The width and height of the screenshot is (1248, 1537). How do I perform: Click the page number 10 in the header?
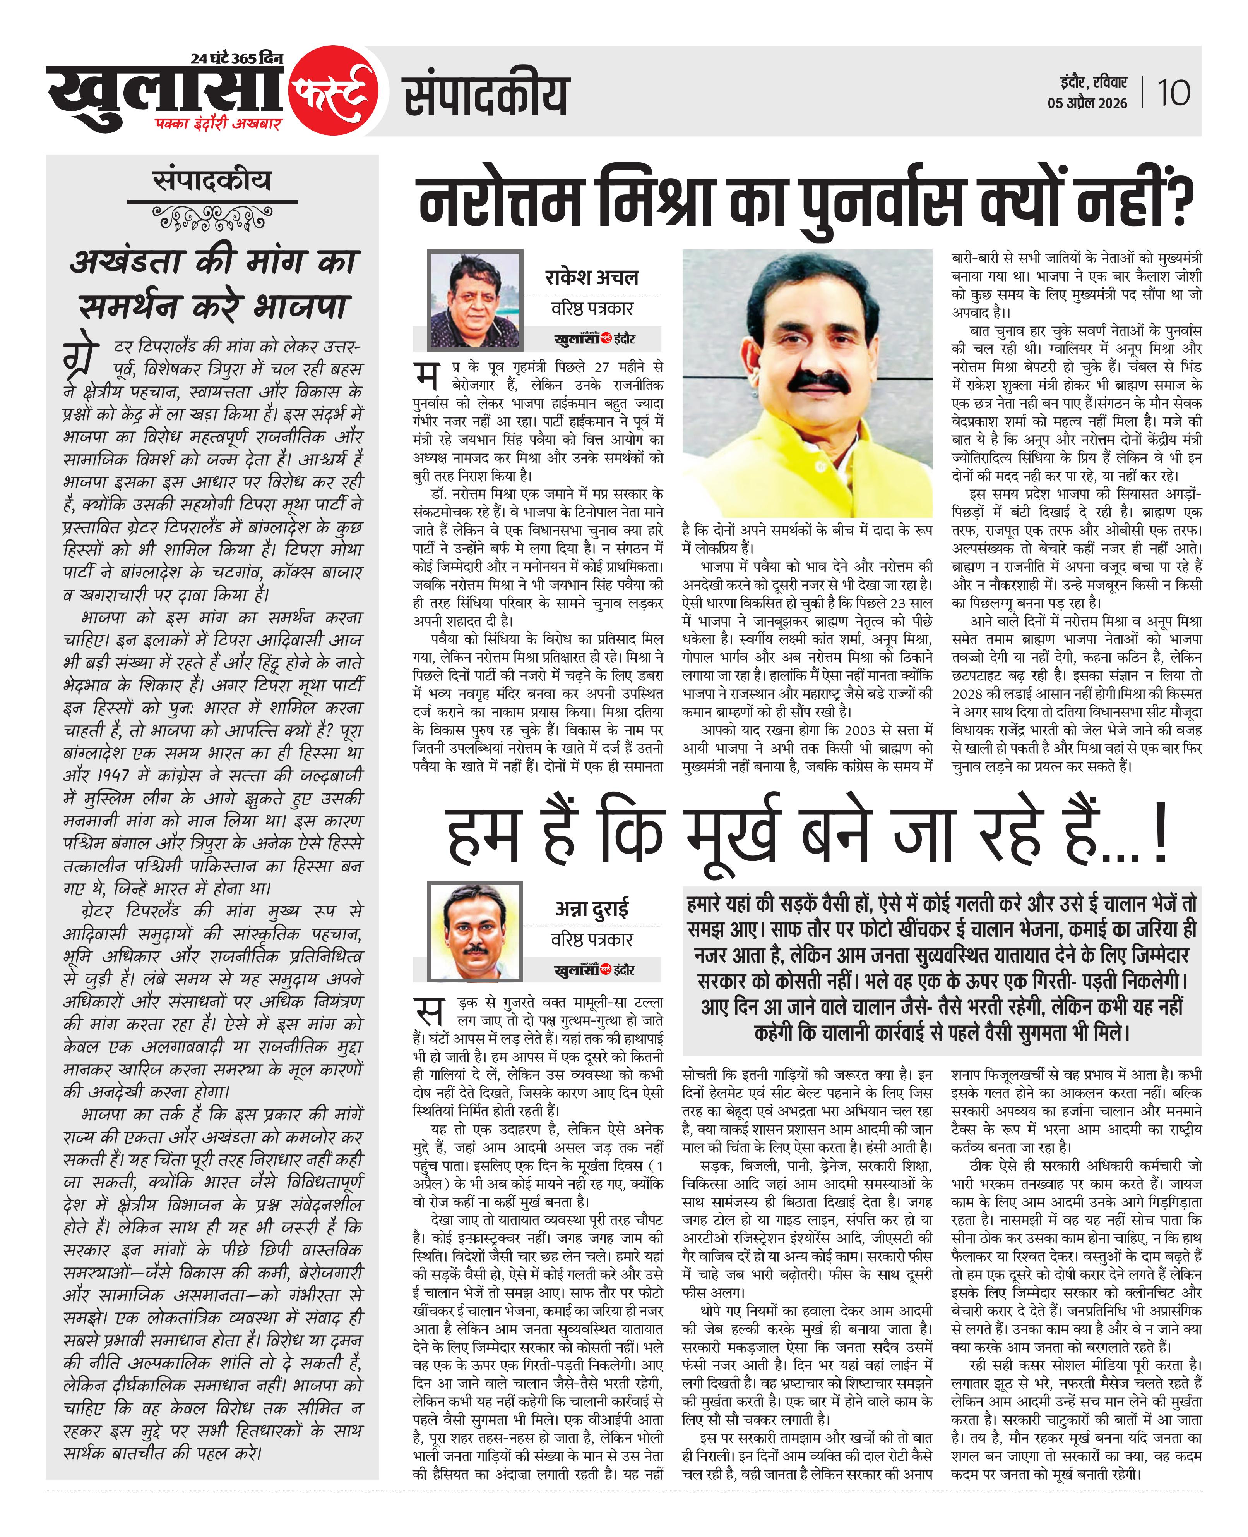pos(1173,93)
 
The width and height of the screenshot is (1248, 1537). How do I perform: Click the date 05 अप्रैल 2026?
pos(1087,103)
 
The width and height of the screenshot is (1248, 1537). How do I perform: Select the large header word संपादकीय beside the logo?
pos(486,96)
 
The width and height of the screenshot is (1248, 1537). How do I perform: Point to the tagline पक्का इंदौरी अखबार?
pos(218,124)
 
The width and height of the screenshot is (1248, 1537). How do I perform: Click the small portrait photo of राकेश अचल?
pos(474,299)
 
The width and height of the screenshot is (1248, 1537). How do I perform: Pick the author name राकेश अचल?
pos(592,277)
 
